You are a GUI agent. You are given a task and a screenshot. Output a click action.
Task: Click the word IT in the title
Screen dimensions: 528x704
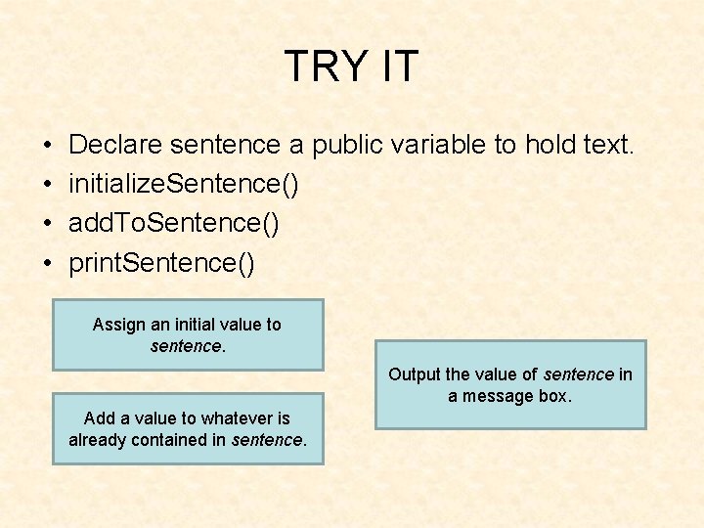pyautogui.click(x=397, y=66)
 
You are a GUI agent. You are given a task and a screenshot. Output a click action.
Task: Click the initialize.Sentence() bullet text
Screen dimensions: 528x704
pyautogui.click(x=184, y=184)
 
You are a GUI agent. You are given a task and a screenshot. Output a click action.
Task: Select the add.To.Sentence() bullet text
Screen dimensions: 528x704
pyautogui.click(x=174, y=223)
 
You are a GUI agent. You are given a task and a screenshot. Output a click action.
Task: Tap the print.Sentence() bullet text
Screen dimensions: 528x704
pyautogui.click(x=161, y=262)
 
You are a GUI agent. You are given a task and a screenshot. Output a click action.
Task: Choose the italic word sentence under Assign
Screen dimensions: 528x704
pyautogui.click(x=185, y=346)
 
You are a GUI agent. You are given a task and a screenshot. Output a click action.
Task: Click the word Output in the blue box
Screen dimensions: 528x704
pyautogui.click(x=415, y=374)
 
